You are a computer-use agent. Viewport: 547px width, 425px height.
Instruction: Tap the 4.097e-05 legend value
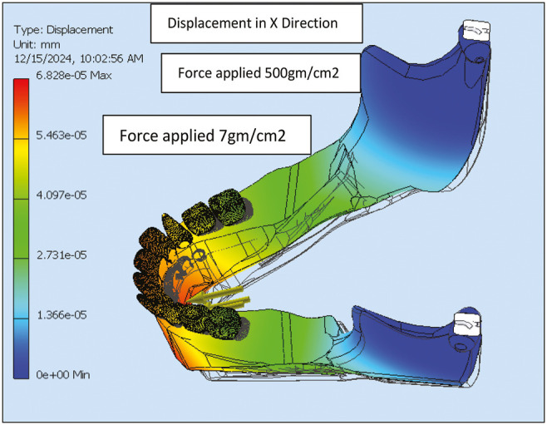[56, 195]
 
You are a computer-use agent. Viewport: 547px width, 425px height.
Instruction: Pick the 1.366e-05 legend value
[56, 314]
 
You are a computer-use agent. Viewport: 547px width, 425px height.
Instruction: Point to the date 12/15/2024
[41, 58]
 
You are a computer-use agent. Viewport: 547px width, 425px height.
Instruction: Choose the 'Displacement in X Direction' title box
[256, 23]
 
